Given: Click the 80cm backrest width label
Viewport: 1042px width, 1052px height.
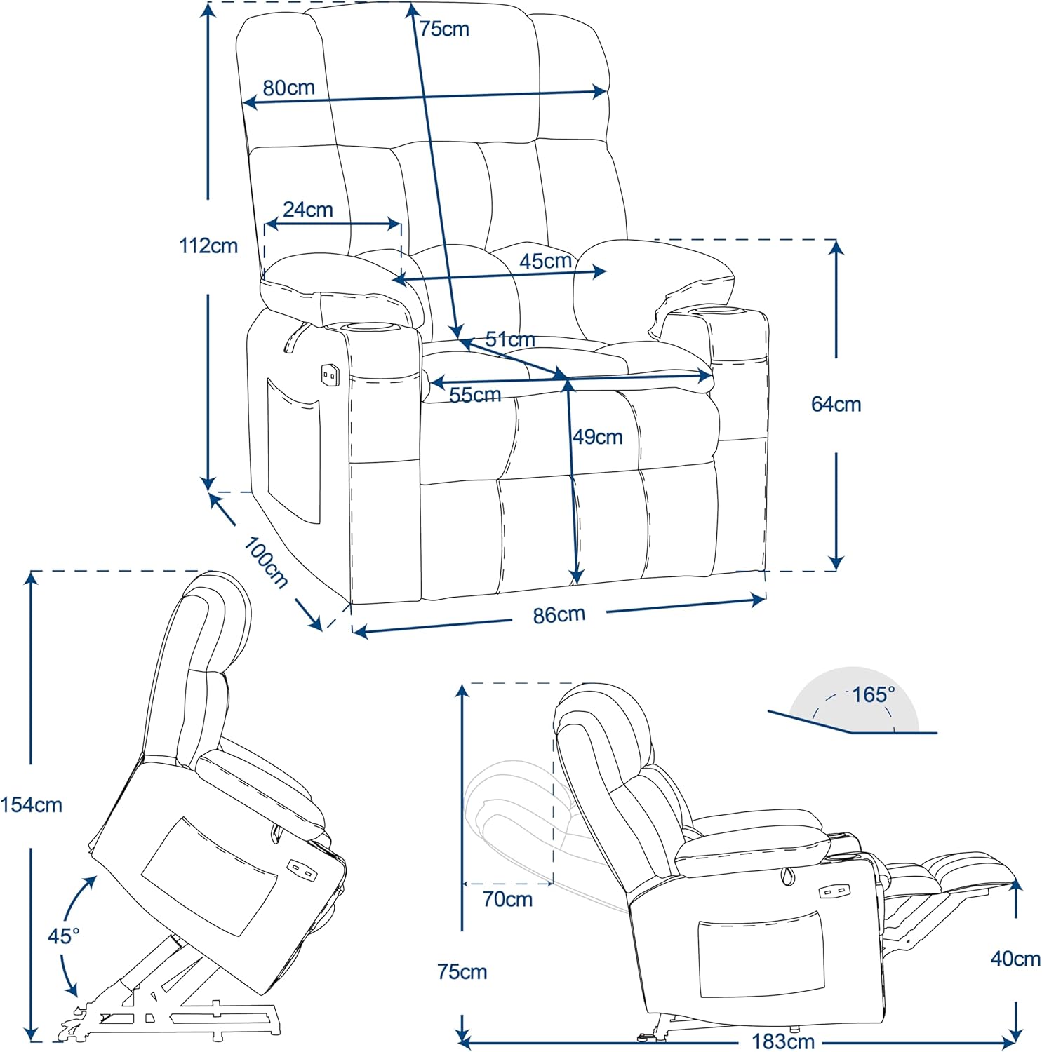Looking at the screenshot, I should (x=288, y=88).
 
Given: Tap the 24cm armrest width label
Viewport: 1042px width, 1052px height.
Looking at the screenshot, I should (x=307, y=210).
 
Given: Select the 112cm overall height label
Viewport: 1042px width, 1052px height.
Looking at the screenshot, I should (x=208, y=246).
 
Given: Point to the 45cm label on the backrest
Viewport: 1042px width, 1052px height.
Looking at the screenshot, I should (x=545, y=261).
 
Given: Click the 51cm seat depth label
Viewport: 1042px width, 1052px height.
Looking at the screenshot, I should (x=510, y=339).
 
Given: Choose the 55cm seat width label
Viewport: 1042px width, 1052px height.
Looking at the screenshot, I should (x=475, y=396).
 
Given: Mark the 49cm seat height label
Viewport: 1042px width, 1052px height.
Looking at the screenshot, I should (x=598, y=437).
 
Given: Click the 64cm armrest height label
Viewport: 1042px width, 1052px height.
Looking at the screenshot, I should (x=836, y=404).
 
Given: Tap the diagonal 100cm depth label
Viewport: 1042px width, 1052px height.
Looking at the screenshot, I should (x=266, y=562).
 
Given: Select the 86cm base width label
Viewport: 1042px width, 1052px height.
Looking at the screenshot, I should (x=559, y=615).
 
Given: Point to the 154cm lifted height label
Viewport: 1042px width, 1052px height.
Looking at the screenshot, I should (x=32, y=805).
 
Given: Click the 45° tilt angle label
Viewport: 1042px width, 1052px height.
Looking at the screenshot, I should (x=63, y=936).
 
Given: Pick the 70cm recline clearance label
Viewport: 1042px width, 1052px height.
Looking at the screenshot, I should (x=507, y=899).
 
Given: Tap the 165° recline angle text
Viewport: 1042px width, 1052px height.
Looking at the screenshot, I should (x=873, y=694).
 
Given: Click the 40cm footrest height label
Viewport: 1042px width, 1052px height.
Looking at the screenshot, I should (x=1015, y=959).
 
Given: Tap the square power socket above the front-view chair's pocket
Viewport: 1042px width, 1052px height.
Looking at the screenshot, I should (x=329, y=375).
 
